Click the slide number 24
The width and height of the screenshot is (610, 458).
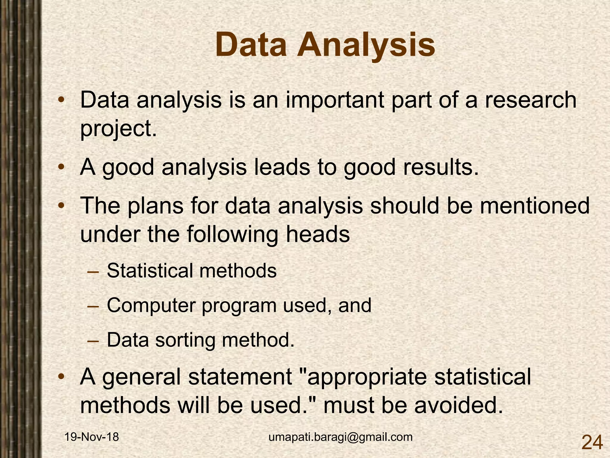coord(592,442)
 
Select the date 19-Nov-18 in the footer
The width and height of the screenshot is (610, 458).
coord(92,437)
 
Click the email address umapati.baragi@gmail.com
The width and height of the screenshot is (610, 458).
coord(340,437)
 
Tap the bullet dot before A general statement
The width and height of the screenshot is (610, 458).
coord(61,376)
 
